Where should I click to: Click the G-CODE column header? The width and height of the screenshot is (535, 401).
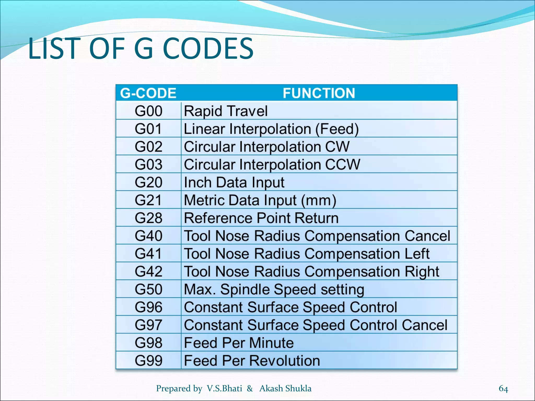coord(148,93)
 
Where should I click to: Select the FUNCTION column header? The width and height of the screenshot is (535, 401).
coord(319,93)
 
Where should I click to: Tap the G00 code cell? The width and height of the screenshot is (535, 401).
coord(148,111)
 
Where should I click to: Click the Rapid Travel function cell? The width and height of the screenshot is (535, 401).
coord(226,111)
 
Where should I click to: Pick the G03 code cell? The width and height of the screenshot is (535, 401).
coord(148,164)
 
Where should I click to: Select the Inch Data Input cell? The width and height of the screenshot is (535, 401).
coord(234,182)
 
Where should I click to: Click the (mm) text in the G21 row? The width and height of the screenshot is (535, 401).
coord(319,200)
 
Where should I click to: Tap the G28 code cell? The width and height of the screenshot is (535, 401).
coord(148,218)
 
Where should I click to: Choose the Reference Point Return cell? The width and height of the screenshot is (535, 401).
coord(261,218)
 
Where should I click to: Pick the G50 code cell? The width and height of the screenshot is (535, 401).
coord(148,289)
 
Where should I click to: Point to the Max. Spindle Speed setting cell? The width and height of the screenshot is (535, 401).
coord(274,289)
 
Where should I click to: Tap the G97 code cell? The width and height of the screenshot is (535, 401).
coord(148,325)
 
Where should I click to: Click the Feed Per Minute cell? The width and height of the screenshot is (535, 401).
coord(239,343)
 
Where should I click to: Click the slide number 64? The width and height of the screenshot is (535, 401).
coord(503,388)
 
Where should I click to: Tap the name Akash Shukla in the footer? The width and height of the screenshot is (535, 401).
coord(285,388)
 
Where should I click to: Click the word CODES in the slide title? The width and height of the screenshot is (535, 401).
coord(208,49)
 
